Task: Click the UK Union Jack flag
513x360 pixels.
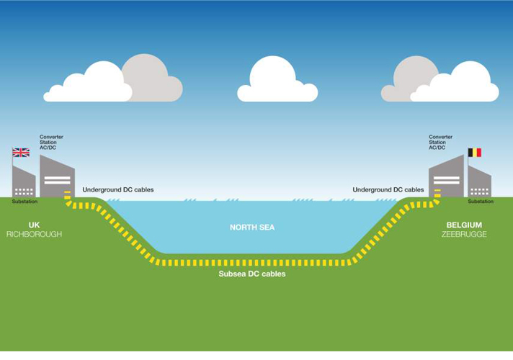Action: [21, 153]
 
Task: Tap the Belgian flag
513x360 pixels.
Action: [475, 153]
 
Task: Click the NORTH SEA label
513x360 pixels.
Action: [252, 228]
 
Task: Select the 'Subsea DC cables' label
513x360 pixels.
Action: [252, 274]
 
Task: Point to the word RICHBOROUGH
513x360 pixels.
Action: [34, 235]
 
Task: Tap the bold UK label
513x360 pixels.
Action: [34, 225]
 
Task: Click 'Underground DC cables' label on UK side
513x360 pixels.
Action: [118, 190]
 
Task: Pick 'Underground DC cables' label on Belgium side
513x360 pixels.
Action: [388, 190]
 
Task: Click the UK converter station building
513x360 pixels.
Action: [57, 178]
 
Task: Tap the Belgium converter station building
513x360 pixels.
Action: [446, 178]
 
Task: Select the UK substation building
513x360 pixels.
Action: [24, 184]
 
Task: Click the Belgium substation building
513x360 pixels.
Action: [479, 184]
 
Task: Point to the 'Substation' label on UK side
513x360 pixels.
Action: [24, 202]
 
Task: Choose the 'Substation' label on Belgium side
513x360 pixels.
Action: [481, 202]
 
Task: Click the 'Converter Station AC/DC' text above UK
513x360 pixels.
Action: [52, 143]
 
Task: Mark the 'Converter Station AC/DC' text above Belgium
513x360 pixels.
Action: [441, 143]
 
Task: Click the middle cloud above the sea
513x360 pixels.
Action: [277, 81]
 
